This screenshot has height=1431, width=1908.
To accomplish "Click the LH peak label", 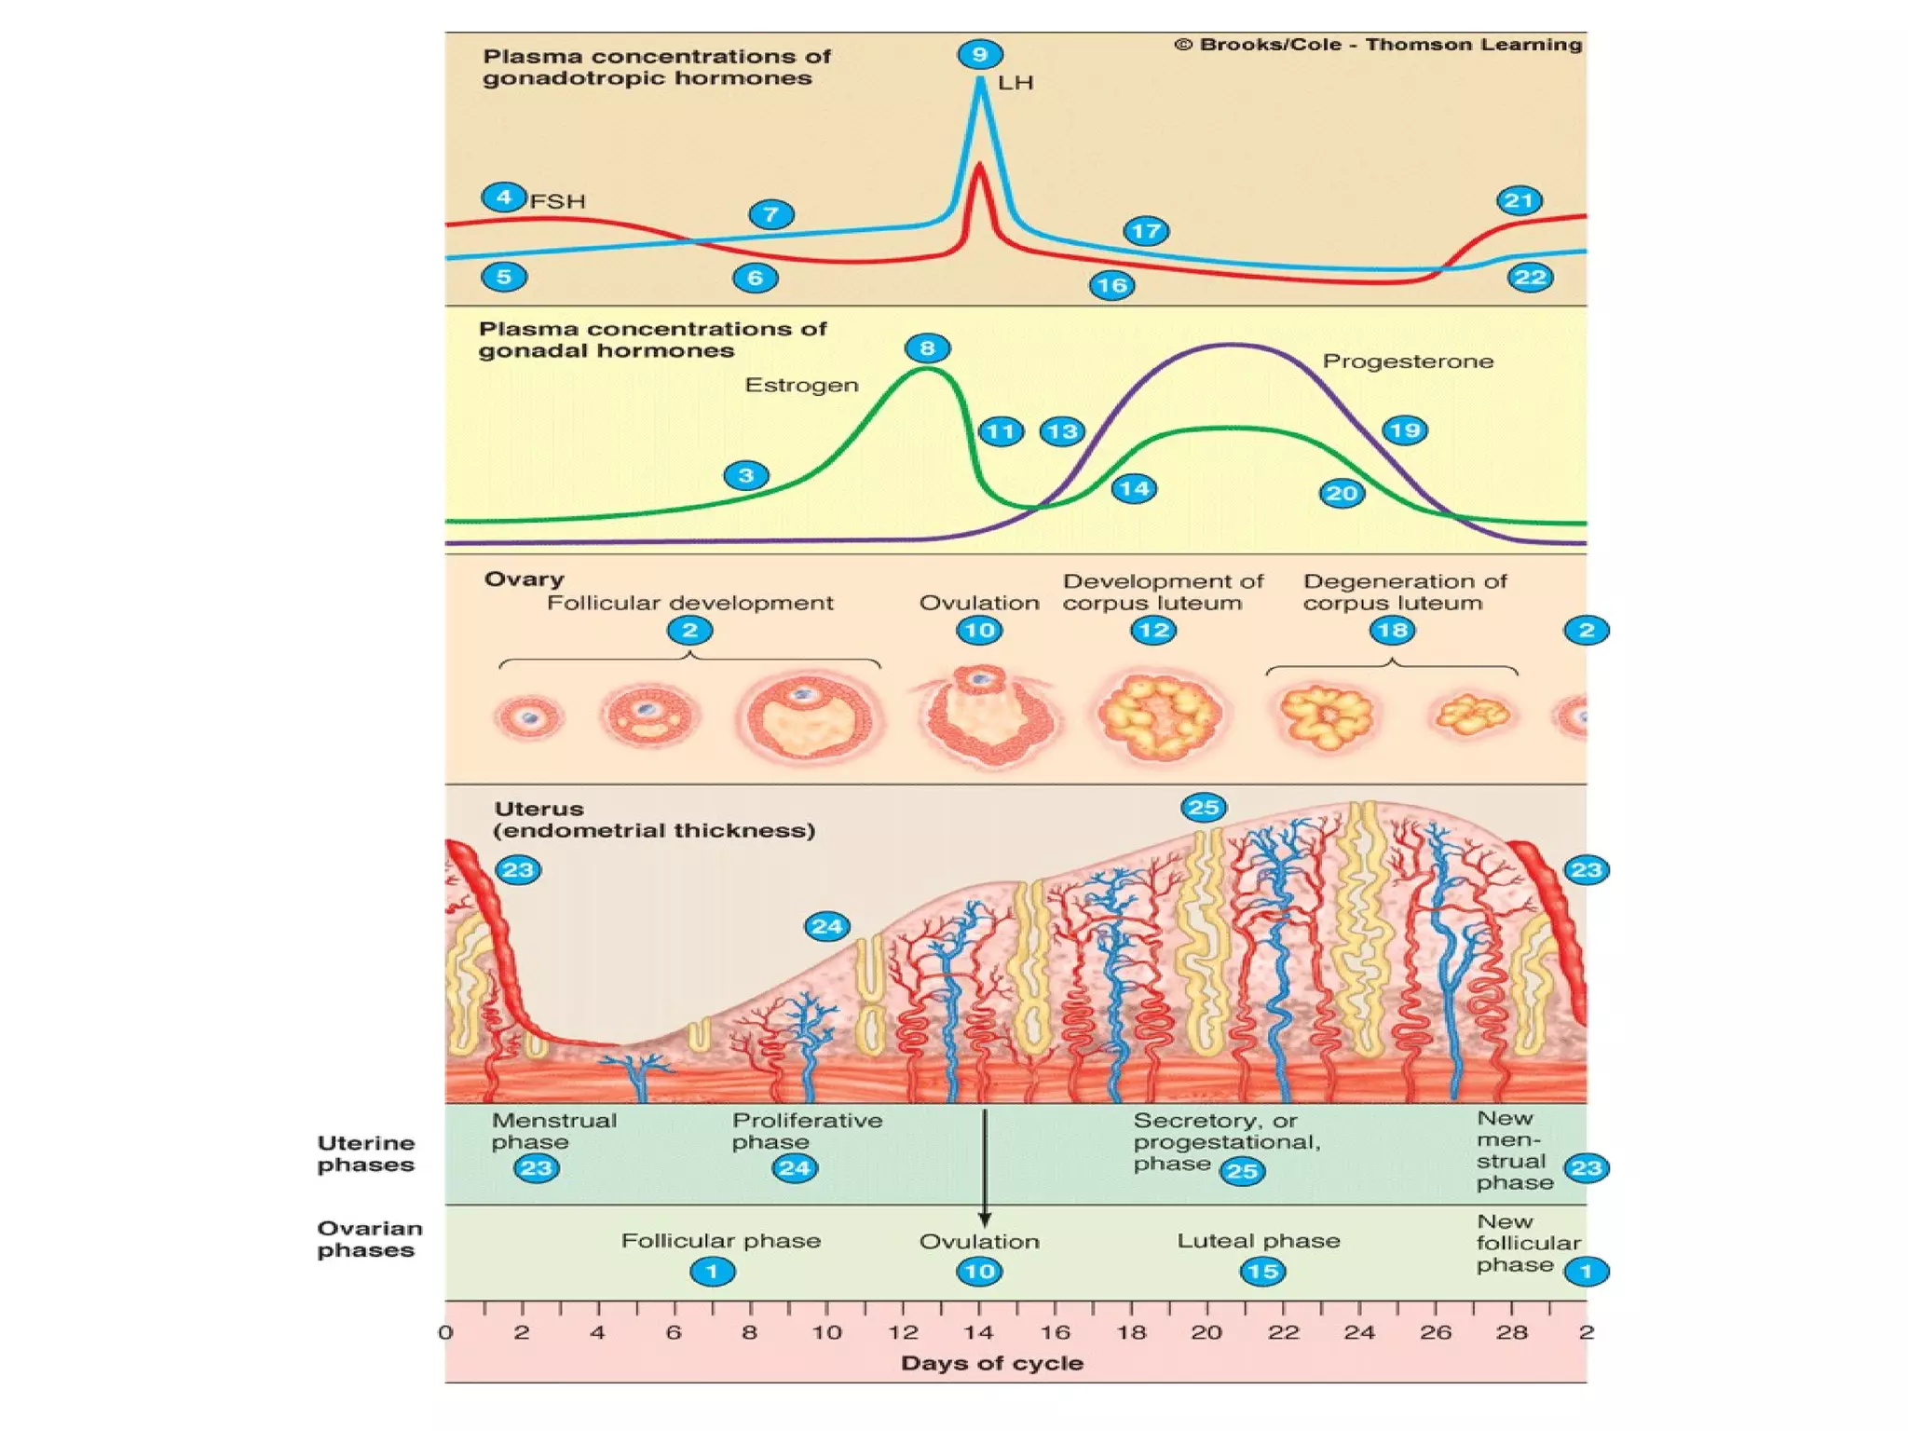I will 1015,83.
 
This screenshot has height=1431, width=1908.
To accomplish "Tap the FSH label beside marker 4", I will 557,201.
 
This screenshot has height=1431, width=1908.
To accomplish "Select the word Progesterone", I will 1408,361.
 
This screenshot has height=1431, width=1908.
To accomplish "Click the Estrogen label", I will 801,385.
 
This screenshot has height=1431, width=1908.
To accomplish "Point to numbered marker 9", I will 980,54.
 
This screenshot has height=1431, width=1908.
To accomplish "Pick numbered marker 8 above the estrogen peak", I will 927,348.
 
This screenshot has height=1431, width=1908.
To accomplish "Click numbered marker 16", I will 1111,285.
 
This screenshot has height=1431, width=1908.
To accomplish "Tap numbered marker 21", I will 1519,200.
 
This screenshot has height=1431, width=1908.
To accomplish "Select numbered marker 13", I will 1062,431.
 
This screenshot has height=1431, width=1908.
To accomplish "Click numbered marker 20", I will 1342,493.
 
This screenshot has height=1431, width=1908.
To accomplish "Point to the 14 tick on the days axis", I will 978,1332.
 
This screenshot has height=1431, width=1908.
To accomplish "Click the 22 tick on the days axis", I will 1283,1332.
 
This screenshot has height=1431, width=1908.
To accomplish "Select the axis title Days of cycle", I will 992,1363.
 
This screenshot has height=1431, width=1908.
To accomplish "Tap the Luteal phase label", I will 1259,1241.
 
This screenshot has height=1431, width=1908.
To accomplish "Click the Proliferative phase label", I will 807,1131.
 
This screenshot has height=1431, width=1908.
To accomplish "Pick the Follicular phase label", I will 721,1241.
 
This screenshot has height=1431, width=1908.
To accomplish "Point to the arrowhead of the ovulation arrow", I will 985,1220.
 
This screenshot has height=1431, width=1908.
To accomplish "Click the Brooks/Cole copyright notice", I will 1379,45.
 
